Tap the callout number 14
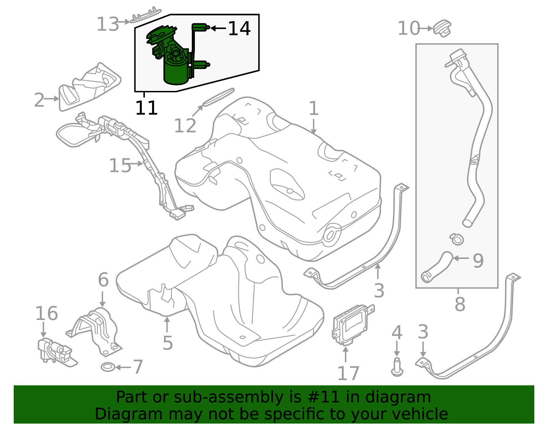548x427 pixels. pos(239,28)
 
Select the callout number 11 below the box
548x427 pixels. pos(146,108)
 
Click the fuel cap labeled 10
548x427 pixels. pos(443,28)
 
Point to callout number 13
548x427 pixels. pos(108,24)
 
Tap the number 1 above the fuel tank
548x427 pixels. pos(313,108)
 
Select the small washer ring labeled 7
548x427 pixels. pos(108,368)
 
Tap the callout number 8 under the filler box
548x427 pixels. pos(460,304)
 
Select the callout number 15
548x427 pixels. pos(120,166)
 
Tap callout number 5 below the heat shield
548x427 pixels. pos(167,343)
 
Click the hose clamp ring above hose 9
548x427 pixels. pos(457,239)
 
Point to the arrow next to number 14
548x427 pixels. pos(218,28)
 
